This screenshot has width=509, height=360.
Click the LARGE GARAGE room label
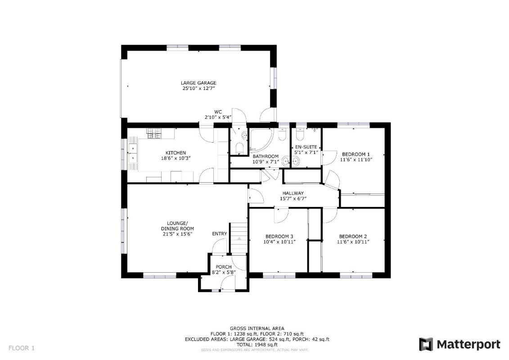click(x=198, y=83)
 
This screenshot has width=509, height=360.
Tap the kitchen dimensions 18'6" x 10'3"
click(x=176, y=158)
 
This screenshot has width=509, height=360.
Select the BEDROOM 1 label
click(x=356, y=154)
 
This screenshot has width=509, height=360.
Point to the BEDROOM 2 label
click(x=353, y=236)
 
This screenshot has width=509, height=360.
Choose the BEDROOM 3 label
click(x=279, y=236)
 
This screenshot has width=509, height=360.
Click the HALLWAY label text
click(x=293, y=193)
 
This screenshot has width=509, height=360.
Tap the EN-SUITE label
click(x=306, y=147)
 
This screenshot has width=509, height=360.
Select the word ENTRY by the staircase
click(x=220, y=234)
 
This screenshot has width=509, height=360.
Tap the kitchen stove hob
click(x=154, y=134)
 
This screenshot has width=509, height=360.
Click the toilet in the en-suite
click(x=299, y=134)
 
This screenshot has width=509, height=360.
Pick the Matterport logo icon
click(x=426, y=344)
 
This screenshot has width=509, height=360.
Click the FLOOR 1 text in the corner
click(x=22, y=348)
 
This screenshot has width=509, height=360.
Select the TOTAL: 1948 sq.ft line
click(x=257, y=344)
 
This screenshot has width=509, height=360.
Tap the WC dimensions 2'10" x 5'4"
click(x=218, y=117)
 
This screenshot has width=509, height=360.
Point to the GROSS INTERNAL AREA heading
click(x=257, y=328)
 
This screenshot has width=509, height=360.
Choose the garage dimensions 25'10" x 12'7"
click(x=198, y=88)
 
